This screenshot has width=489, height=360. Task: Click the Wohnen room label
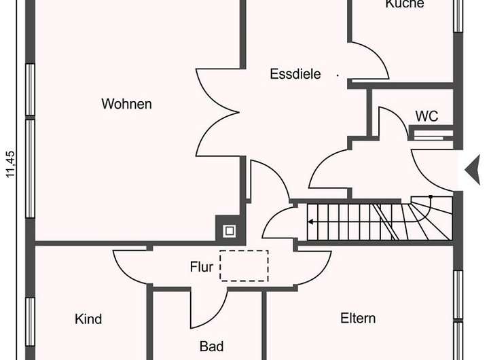pos(126,104)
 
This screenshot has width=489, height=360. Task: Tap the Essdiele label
pos(295,74)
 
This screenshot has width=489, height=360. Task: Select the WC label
pos(427,116)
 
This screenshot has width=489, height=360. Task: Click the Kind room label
pos(88,319)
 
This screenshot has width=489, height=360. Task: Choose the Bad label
pos(212,347)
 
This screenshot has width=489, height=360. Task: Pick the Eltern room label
pos(358,318)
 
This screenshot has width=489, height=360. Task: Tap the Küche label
pos(404,4)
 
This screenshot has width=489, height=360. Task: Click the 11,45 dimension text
pos(10,164)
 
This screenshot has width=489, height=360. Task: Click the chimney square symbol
pos(230,230)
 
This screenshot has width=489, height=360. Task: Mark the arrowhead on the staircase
pos(311,221)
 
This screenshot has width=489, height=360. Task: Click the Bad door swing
pos(207,309)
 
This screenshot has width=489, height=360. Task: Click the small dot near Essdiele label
pos(338,75)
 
